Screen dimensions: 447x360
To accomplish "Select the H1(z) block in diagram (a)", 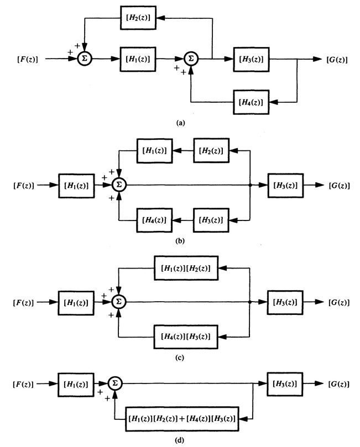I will (x=138, y=58).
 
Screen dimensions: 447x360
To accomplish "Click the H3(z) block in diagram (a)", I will (x=251, y=58).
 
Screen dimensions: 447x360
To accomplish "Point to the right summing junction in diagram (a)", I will (x=191, y=58).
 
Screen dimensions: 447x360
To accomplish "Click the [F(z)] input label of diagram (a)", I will (x=23, y=59).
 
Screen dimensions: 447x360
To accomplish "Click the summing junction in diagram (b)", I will (x=118, y=185).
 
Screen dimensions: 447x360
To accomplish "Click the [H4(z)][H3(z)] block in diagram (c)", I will (x=186, y=336).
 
